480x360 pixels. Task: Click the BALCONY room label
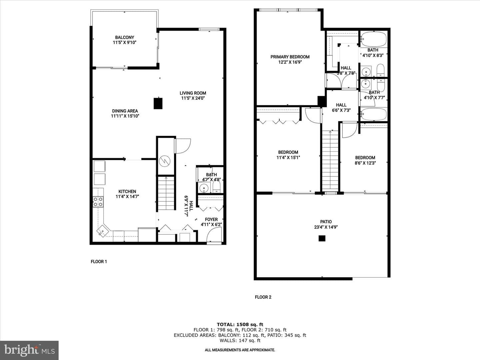(125, 37)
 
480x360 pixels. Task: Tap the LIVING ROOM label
(193, 93)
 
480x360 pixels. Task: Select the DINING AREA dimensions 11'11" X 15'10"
(125, 116)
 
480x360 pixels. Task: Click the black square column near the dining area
(158, 103)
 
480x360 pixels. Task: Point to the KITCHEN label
(127, 191)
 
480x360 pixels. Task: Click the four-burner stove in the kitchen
(98, 202)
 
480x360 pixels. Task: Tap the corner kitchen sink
(102, 231)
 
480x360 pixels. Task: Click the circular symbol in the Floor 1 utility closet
(164, 161)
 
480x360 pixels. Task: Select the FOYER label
(211, 219)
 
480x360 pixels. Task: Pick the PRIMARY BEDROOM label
(290, 57)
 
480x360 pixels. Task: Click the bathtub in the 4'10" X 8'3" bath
(374, 39)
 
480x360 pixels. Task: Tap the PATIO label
(326, 222)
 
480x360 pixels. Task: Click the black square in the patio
(322, 238)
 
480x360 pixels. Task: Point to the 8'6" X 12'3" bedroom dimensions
(365, 163)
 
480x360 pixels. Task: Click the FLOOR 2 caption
(263, 297)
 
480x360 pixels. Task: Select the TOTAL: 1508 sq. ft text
(240, 324)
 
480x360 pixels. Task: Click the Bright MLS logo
(29, 350)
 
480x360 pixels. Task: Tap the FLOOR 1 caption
(99, 261)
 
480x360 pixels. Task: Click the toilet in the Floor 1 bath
(216, 187)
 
